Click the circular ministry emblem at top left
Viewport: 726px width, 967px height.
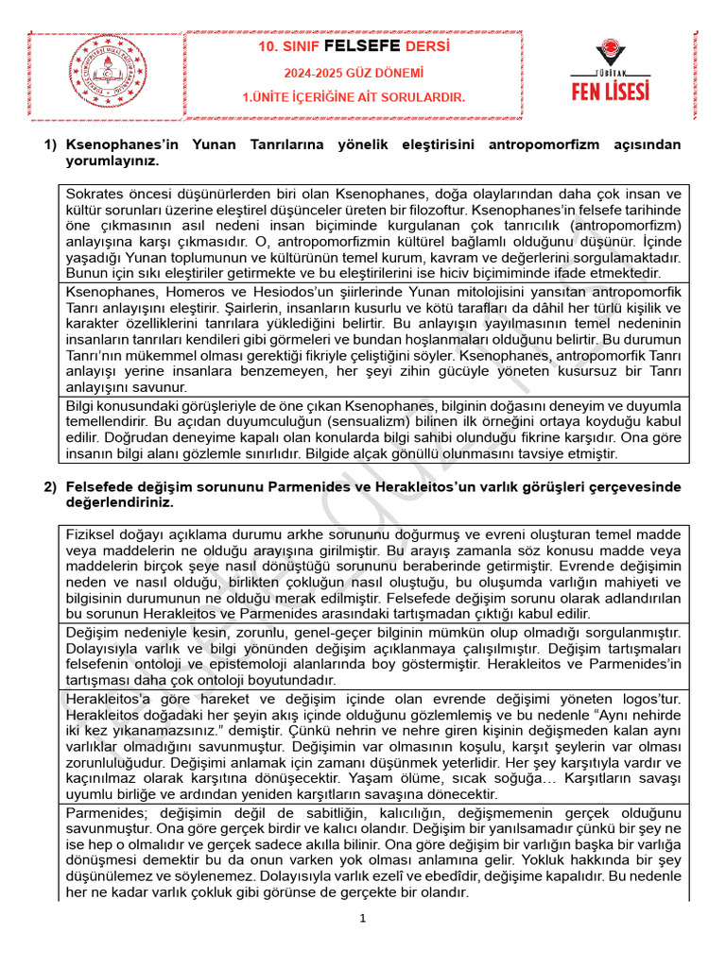point(104,72)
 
